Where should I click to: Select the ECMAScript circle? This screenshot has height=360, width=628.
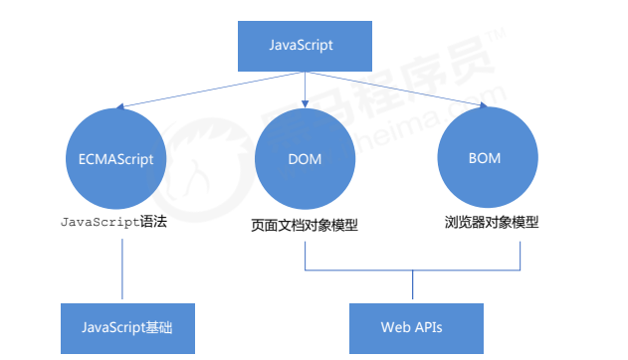122,159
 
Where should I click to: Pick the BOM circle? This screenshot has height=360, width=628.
485,159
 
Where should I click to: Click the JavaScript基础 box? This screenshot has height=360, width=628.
122,327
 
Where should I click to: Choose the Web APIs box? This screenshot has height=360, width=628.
416,327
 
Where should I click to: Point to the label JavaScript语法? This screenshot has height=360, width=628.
113,222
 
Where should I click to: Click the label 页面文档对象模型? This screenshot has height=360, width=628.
304,225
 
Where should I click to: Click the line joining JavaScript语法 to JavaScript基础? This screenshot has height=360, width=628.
122,267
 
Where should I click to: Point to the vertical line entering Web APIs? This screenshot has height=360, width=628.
412,287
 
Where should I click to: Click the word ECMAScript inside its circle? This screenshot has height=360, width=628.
122,159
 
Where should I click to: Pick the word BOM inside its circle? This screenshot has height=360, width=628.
485,159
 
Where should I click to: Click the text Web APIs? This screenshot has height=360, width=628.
416,327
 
